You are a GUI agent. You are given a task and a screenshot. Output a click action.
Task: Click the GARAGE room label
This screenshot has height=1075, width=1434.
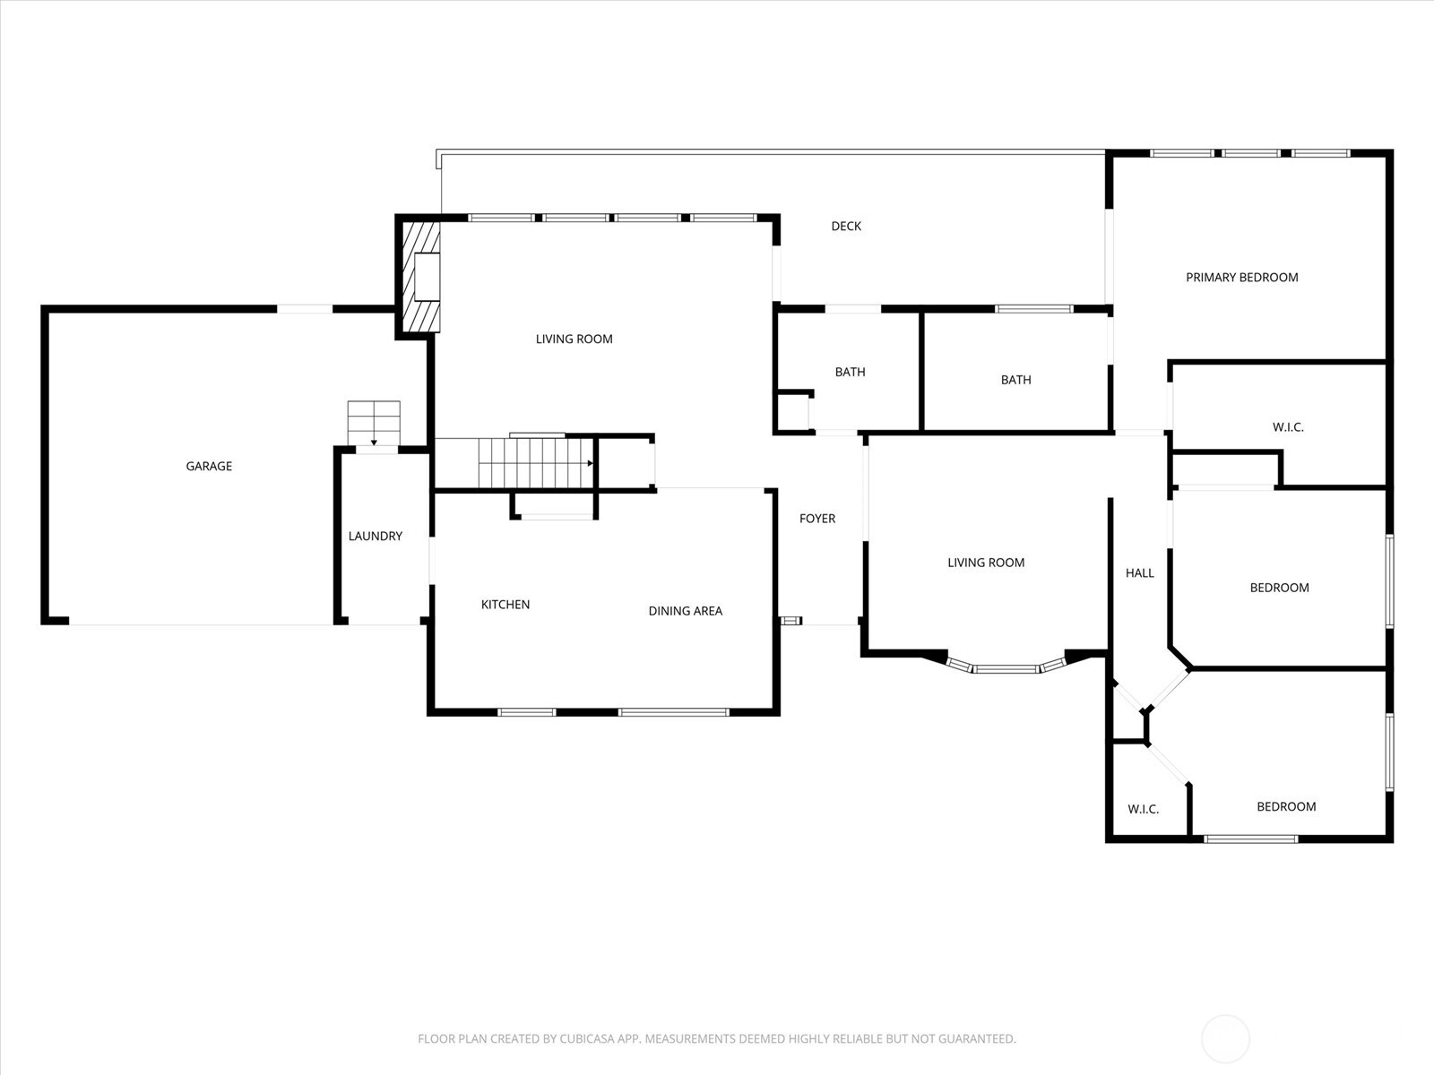[x=209, y=466]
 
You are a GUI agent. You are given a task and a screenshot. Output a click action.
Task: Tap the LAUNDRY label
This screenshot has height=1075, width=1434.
[x=375, y=536]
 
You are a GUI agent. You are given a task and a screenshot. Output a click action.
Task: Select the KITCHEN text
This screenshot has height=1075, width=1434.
[x=505, y=605]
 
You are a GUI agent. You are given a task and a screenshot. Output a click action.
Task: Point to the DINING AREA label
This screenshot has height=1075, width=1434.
[x=686, y=611]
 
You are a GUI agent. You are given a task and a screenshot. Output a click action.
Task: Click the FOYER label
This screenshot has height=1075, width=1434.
[x=817, y=519]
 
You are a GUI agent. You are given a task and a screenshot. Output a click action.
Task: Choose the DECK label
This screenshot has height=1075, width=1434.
[x=846, y=226]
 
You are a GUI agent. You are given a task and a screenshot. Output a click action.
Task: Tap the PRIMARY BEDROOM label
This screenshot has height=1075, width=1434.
[x=1242, y=278]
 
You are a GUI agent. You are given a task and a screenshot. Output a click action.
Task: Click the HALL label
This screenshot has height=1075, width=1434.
[x=1139, y=573]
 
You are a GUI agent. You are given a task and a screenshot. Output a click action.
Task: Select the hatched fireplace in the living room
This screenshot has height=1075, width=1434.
[x=420, y=277]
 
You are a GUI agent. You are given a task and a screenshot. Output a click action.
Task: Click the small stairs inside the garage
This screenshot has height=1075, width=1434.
[x=374, y=423]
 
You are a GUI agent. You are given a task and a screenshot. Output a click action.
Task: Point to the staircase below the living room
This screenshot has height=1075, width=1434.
[x=536, y=463]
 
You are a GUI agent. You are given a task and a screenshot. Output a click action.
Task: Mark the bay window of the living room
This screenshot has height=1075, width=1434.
[x=1006, y=666]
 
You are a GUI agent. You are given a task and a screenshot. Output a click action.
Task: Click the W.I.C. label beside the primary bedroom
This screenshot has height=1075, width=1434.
[x=1288, y=427]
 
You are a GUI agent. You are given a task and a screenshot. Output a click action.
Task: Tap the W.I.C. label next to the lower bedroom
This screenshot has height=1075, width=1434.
[x=1144, y=809]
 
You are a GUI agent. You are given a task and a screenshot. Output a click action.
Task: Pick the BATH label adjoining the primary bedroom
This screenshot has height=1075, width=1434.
[x=1015, y=380]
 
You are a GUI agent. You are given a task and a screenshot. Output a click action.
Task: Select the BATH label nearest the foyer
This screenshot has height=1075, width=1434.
[x=850, y=372]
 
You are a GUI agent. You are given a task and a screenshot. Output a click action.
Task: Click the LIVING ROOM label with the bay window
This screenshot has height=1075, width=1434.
[x=986, y=563]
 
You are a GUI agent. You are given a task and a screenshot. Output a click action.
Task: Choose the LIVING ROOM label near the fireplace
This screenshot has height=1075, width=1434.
[x=574, y=339]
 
